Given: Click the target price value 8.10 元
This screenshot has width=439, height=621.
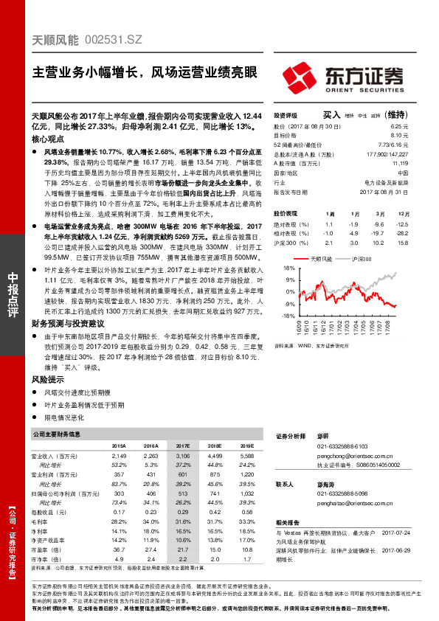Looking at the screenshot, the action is (399, 136).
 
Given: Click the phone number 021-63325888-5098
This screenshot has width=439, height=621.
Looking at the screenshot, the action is (342, 492).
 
